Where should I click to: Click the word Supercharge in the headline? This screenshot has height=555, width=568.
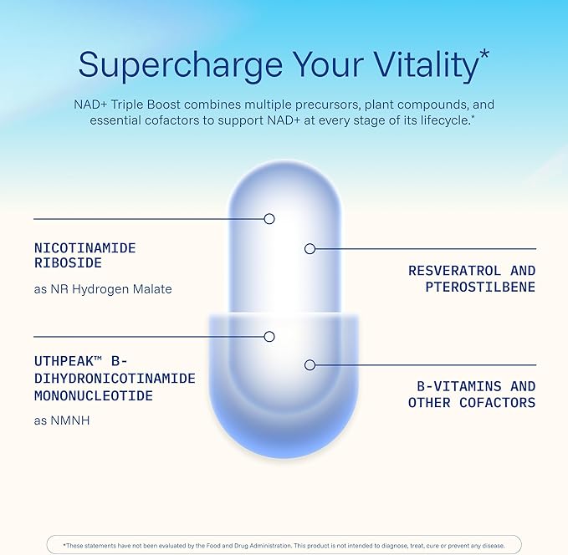181,65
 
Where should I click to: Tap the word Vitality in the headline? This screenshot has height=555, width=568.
427,65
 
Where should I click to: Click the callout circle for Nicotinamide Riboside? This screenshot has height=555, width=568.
269,219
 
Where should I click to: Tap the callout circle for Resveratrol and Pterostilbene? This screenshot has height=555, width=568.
310,249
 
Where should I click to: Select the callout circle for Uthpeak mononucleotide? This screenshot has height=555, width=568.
269,337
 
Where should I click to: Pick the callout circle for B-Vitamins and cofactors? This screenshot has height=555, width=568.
310,365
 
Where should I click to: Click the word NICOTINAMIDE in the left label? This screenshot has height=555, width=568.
85,248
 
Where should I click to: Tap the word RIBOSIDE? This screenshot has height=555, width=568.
68,262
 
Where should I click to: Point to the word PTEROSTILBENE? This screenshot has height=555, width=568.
480,287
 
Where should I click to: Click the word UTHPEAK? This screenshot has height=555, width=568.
64,361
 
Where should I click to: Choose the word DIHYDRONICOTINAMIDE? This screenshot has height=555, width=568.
115,379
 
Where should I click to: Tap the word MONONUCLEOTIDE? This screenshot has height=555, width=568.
94,395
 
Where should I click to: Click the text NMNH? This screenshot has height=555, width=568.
70,420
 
